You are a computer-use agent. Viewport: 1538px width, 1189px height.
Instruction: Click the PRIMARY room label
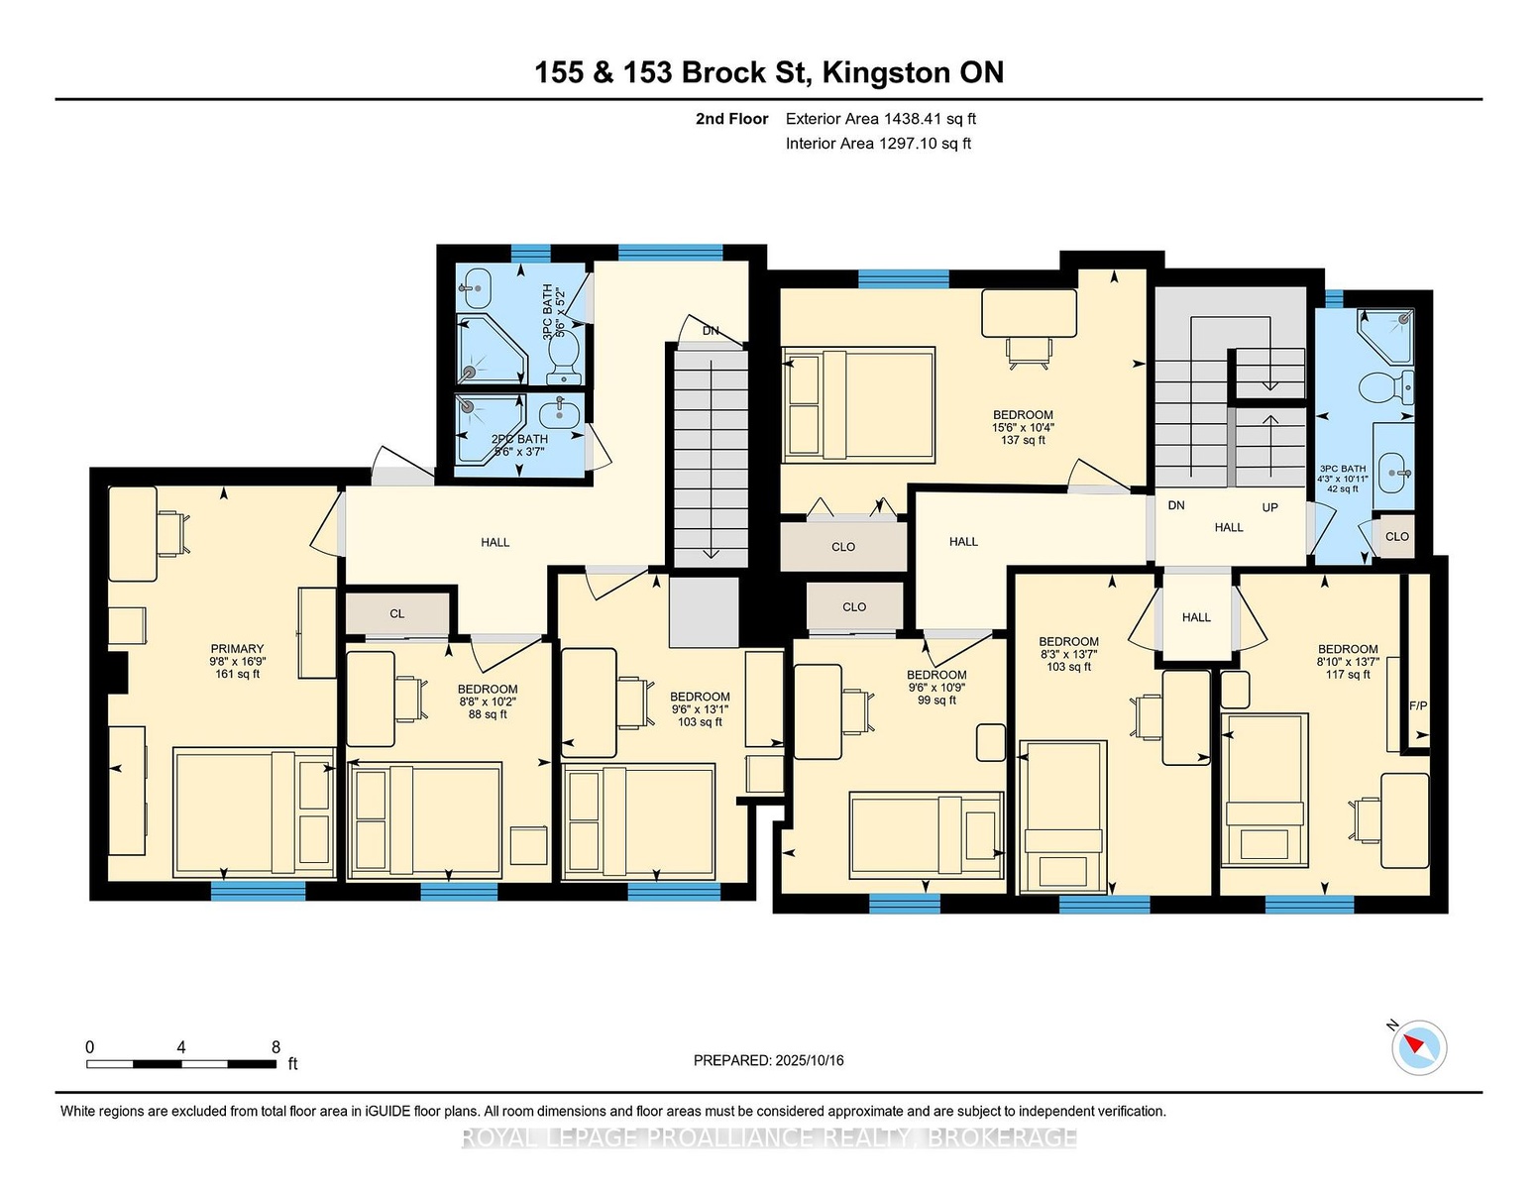point(237,649)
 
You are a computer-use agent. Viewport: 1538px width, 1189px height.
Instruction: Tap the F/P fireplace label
point(1418,705)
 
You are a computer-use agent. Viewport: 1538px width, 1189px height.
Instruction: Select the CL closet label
point(397,613)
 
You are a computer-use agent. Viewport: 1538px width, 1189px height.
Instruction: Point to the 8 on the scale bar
point(276,1047)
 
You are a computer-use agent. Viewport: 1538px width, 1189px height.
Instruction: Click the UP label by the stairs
point(1269,507)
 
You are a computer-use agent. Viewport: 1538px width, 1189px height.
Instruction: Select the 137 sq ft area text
point(1023,440)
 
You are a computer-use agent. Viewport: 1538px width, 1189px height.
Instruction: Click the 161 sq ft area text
point(237,674)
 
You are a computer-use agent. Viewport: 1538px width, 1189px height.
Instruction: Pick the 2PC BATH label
point(519,439)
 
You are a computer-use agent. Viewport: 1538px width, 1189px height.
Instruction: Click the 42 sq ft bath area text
point(1343,488)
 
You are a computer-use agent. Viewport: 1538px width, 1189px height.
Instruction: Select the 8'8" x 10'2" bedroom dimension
point(487,702)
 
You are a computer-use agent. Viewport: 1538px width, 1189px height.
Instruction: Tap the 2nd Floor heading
point(732,119)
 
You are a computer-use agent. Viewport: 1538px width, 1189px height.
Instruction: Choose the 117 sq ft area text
point(1348,675)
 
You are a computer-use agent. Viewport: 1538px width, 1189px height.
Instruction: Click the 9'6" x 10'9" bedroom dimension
point(936,688)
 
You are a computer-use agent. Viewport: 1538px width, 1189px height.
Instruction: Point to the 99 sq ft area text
point(936,701)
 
